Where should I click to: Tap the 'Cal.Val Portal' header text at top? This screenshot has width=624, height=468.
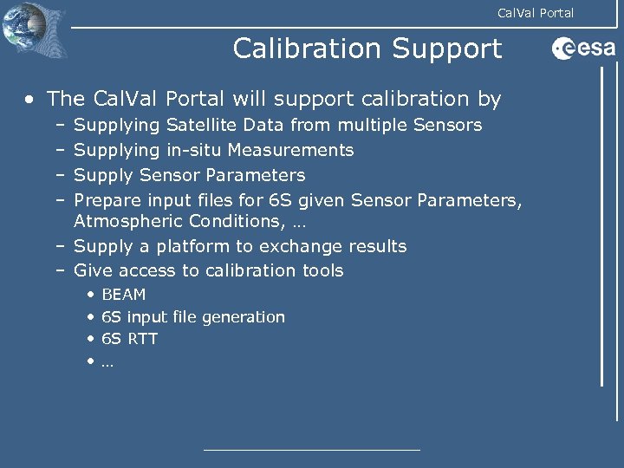click(535, 12)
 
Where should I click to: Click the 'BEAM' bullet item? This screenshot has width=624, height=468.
click(123, 295)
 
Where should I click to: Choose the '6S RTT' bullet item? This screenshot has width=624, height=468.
click(129, 339)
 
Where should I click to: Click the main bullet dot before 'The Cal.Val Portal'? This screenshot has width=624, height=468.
click(30, 100)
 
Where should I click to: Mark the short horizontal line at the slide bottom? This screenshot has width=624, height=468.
click(311, 449)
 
